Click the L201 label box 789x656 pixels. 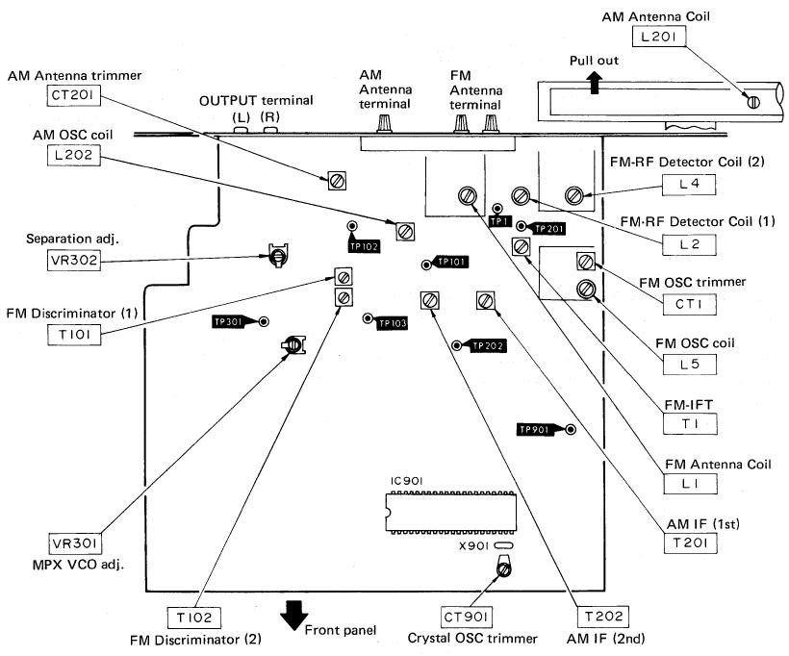point(659,37)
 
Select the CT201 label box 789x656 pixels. point(73,95)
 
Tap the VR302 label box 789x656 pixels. point(74,260)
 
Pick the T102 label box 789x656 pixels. point(194,618)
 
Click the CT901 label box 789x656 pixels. point(466,617)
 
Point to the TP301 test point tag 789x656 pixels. point(229,322)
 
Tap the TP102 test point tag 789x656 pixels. point(365,246)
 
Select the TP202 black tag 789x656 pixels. point(487,346)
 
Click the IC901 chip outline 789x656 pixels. point(451,512)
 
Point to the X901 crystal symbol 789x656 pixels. point(503,545)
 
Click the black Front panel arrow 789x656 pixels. point(293,616)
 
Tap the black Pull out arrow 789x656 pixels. point(595,83)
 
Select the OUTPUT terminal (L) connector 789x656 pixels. point(242,130)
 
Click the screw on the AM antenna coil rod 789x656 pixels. point(752,102)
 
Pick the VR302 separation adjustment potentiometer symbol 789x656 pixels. point(277,256)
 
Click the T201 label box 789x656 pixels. point(690,542)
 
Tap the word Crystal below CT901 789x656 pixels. point(427,639)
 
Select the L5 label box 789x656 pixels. point(689,365)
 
